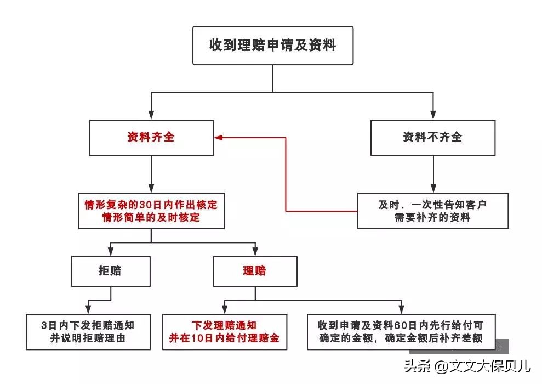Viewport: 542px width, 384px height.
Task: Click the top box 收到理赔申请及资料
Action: pyautogui.click(x=272, y=45)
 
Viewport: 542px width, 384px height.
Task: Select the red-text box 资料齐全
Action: pyautogui.click(x=151, y=137)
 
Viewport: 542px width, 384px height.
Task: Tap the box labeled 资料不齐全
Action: pyautogui.click(x=433, y=137)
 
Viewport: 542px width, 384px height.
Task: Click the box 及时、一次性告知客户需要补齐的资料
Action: pyautogui.click(x=433, y=211)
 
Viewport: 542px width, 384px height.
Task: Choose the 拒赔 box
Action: pyautogui.click(x=111, y=271)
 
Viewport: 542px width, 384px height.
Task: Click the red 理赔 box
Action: pyautogui.click(x=255, y=271)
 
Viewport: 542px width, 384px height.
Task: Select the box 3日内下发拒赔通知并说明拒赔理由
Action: pyautogui.click(x=88, y=331)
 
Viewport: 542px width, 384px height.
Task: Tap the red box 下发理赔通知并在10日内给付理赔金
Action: pyautogui.click(x=224, y=331)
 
